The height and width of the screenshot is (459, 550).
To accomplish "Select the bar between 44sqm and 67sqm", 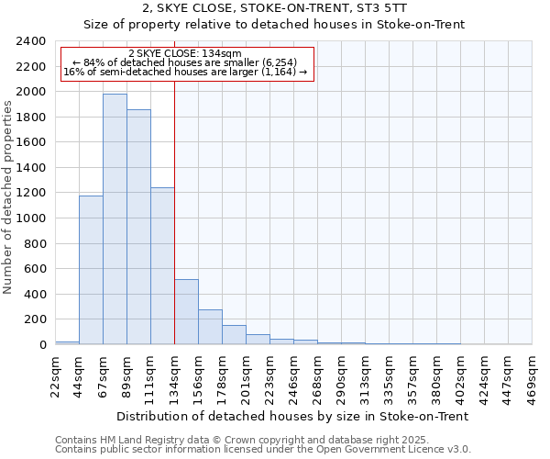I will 91,270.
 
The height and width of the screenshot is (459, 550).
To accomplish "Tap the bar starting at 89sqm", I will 138,227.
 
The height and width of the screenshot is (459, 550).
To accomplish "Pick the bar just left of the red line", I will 162,266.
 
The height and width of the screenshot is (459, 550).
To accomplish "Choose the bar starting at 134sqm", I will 186,312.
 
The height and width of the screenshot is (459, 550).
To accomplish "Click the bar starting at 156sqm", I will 210,327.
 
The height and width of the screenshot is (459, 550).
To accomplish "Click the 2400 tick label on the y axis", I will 31,41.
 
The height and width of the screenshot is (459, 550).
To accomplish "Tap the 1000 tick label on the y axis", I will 31,218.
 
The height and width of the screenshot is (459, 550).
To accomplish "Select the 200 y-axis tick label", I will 35,319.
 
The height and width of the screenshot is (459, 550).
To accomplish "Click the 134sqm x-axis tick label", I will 174,375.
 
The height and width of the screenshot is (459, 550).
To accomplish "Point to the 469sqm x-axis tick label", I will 532,375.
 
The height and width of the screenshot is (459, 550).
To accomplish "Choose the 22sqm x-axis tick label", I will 55,372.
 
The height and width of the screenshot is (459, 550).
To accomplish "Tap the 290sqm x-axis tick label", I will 341,375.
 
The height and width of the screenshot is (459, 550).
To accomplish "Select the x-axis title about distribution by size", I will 293,416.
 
